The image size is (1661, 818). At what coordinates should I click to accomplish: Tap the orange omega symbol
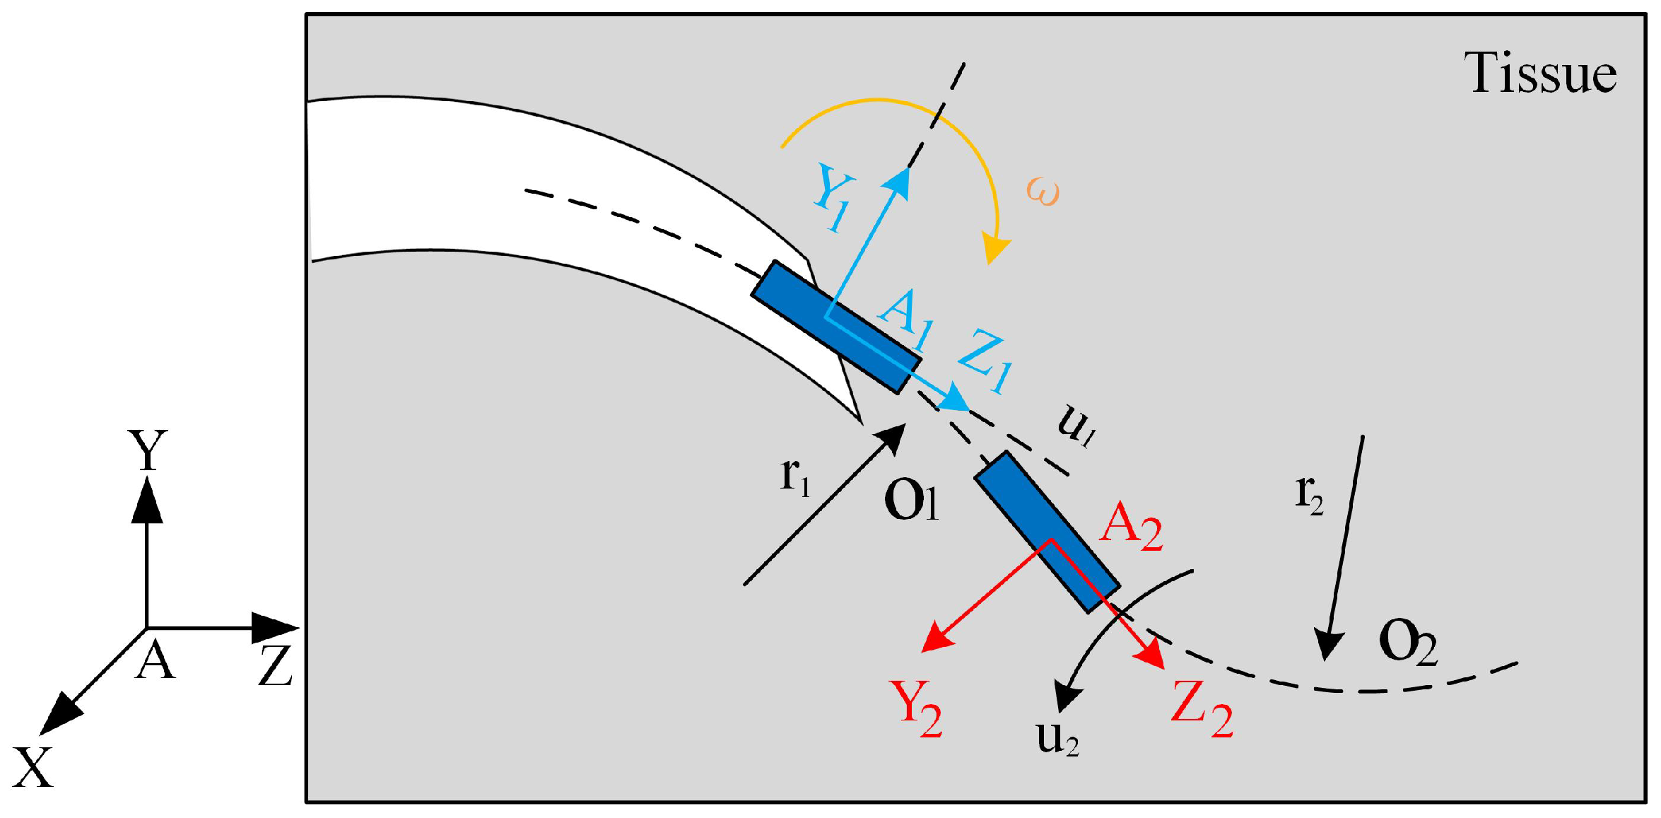coord(1043,192)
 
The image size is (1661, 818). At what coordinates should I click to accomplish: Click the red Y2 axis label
coord(915,708)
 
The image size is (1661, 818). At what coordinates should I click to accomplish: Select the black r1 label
coord(795,477)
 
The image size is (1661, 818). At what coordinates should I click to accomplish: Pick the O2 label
coord(1407,641)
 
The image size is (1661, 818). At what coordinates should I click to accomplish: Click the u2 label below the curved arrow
coord(1057,739)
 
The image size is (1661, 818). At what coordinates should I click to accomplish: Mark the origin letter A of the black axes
coord(155,662)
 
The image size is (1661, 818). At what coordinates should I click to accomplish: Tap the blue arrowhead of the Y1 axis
coord(898,180)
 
